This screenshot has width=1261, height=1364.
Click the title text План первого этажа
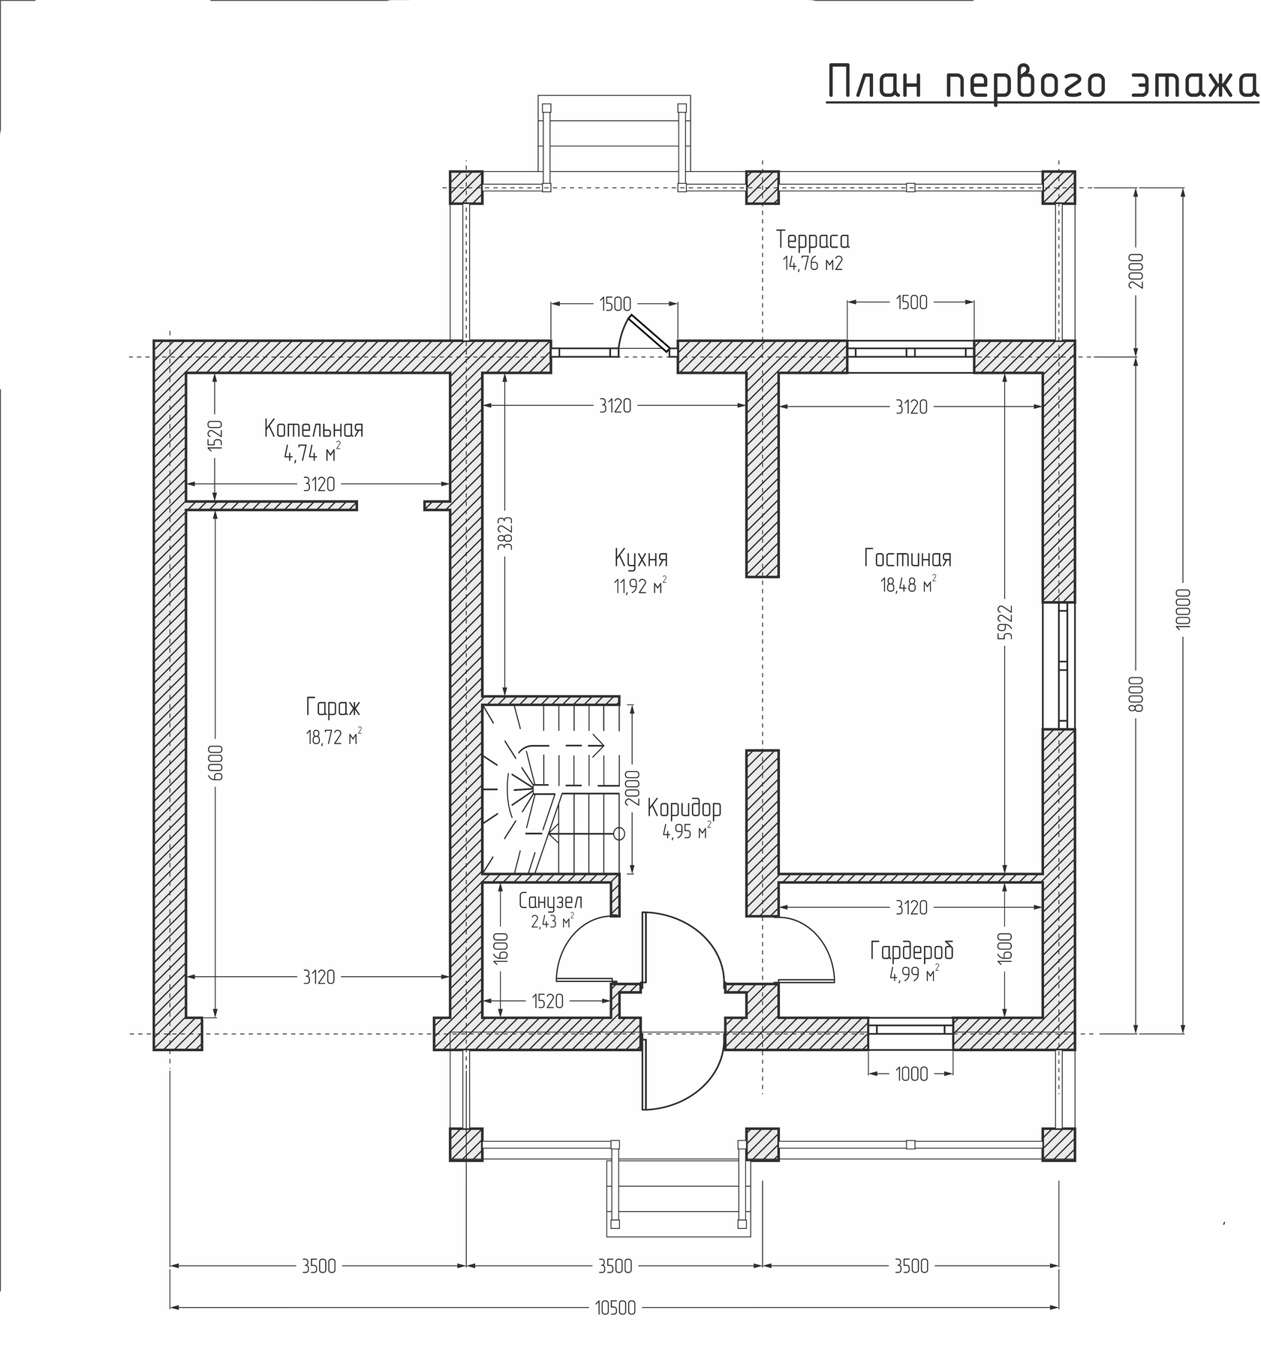1043,83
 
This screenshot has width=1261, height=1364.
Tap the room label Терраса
813,240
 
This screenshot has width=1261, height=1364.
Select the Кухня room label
641,559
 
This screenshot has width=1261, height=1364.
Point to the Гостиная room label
907,559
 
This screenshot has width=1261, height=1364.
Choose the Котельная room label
314,429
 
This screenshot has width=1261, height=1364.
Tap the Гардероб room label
912,951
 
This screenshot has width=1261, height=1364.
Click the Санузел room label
550,901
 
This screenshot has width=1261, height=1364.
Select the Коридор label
685,808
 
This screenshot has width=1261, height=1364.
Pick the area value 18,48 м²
908,584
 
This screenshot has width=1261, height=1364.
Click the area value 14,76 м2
813,264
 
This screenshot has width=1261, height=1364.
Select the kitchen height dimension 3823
505,533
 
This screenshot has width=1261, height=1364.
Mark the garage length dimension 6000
215,763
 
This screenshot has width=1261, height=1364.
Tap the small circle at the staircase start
619,834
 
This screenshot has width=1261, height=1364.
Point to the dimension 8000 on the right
1136,694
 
